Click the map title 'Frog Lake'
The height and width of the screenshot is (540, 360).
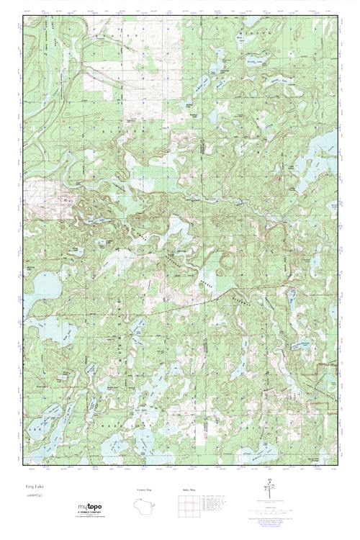tap(33, 487)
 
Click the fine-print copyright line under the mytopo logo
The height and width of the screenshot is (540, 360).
tap(90, 518)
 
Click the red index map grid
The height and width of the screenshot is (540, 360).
tap(189, 508)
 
